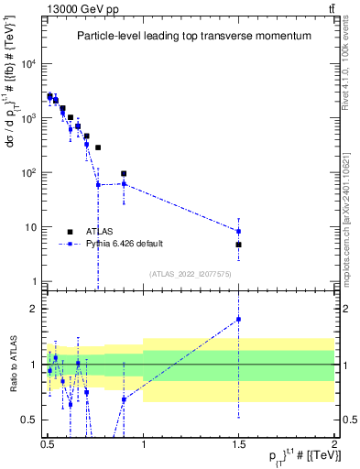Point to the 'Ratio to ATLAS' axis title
(x=13, y=365)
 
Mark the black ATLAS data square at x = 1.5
(x=238, y=245)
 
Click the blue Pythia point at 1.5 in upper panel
(x=238, y=231)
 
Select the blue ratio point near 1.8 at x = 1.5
(x=238, y=320)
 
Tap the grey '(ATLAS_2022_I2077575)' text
(x=193, y=274)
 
